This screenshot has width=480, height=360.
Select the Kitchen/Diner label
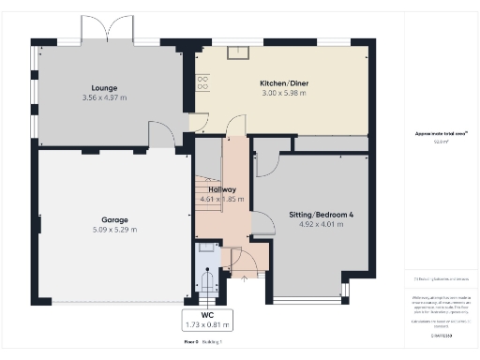(x=283, y=83)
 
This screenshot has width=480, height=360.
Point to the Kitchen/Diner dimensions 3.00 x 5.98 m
(x=283, y=93)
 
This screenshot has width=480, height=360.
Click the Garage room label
(x=114, y=219)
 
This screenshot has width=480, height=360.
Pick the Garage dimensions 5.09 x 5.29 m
(x=114, y=229)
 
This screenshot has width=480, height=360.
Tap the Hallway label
(x=221, y=189)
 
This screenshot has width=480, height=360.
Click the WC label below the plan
(x=208, y=316)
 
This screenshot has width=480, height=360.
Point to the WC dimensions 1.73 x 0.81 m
(x=208, y=325)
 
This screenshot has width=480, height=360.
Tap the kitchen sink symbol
(x=240, y=54)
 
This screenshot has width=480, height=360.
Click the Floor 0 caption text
(x=191, y=342)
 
